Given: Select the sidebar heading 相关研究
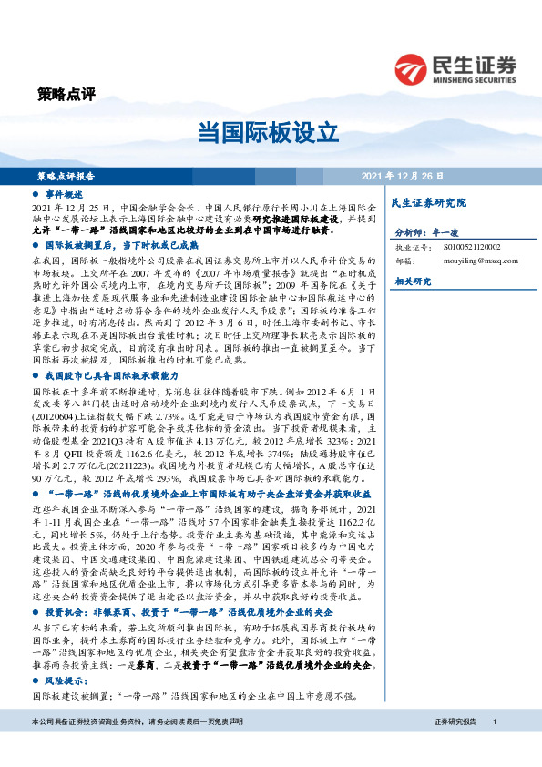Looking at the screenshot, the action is [411, 282].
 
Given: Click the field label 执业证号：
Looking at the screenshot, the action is [411, 246].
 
